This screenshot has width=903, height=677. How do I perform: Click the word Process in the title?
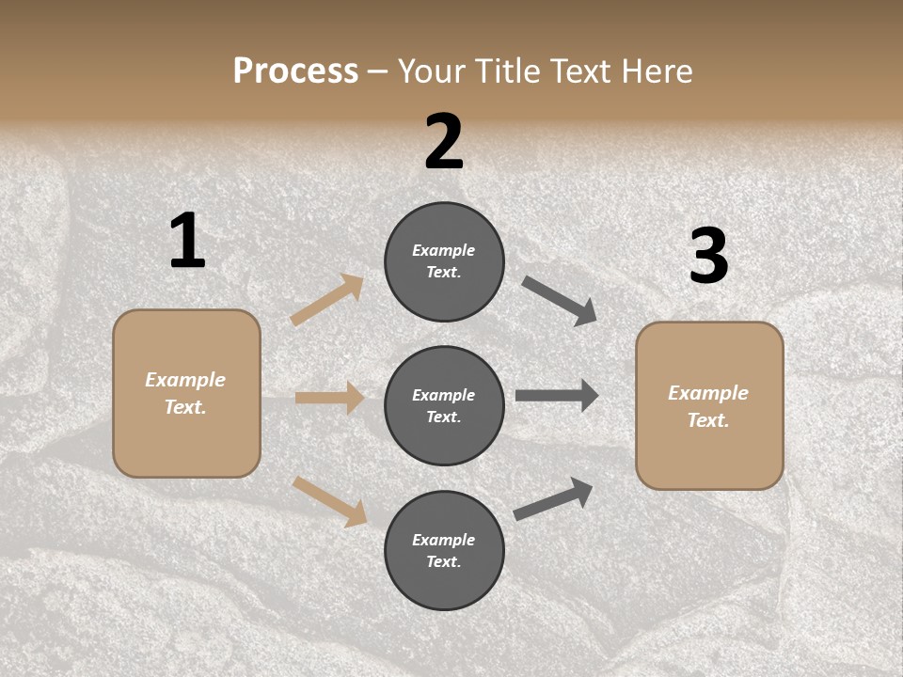[295, 71]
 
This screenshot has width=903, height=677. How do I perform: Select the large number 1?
[187, 241]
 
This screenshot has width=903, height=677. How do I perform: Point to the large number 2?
[444, 142]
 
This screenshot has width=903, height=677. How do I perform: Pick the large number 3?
[708, 257]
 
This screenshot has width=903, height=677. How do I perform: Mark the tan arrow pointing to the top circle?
[327, 300]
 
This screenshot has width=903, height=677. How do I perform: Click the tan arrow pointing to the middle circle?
[329, 398]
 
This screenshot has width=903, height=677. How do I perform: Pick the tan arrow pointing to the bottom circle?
[330, 501]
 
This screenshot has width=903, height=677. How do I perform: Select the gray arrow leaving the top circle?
[560, 301]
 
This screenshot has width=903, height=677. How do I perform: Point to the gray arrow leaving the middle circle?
[557, 396]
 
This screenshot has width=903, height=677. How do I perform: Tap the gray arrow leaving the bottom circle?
[553, 498]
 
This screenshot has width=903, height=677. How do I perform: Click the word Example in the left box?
[185, 380]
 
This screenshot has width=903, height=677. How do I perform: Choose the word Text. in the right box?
[708, 420]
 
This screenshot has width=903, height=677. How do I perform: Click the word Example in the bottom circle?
[444, 540]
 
